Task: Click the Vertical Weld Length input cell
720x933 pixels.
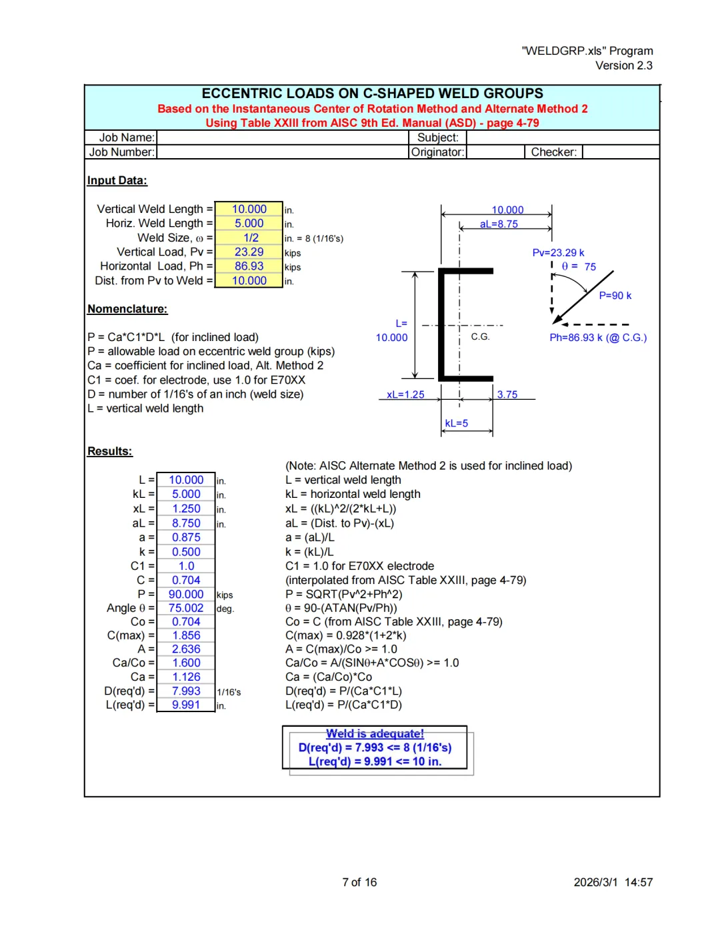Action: tap(249, 210)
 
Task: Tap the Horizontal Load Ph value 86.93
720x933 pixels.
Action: tap(249, 266)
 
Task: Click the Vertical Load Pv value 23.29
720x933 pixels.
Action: tap(249, 252)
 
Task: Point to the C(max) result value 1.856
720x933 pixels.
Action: tap(186, 635)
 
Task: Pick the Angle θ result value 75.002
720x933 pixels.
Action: tap(186, 608)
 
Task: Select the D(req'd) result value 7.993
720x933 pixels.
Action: tap(186, 691)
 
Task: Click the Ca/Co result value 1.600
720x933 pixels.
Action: tap(186, 663)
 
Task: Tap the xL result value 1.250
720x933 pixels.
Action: tap(186, 509)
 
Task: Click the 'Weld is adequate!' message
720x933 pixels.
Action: tap(375, 734)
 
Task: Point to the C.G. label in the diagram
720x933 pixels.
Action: tap(480, 337)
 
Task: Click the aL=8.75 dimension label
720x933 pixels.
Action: tap(499, 224)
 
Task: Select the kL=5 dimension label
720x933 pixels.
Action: tap(457, 423)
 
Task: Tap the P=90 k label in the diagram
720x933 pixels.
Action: tap(615, 296)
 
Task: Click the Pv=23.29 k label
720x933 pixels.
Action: tap(558, 253)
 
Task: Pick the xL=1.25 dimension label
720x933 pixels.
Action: tap(405, 394)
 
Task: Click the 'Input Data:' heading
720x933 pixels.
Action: tap(117, 181)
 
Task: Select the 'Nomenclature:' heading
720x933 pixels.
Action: tap(127, 309)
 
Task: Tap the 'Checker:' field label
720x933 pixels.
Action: tap(553, 152)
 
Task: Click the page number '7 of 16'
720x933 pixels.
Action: tap(359, 882)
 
